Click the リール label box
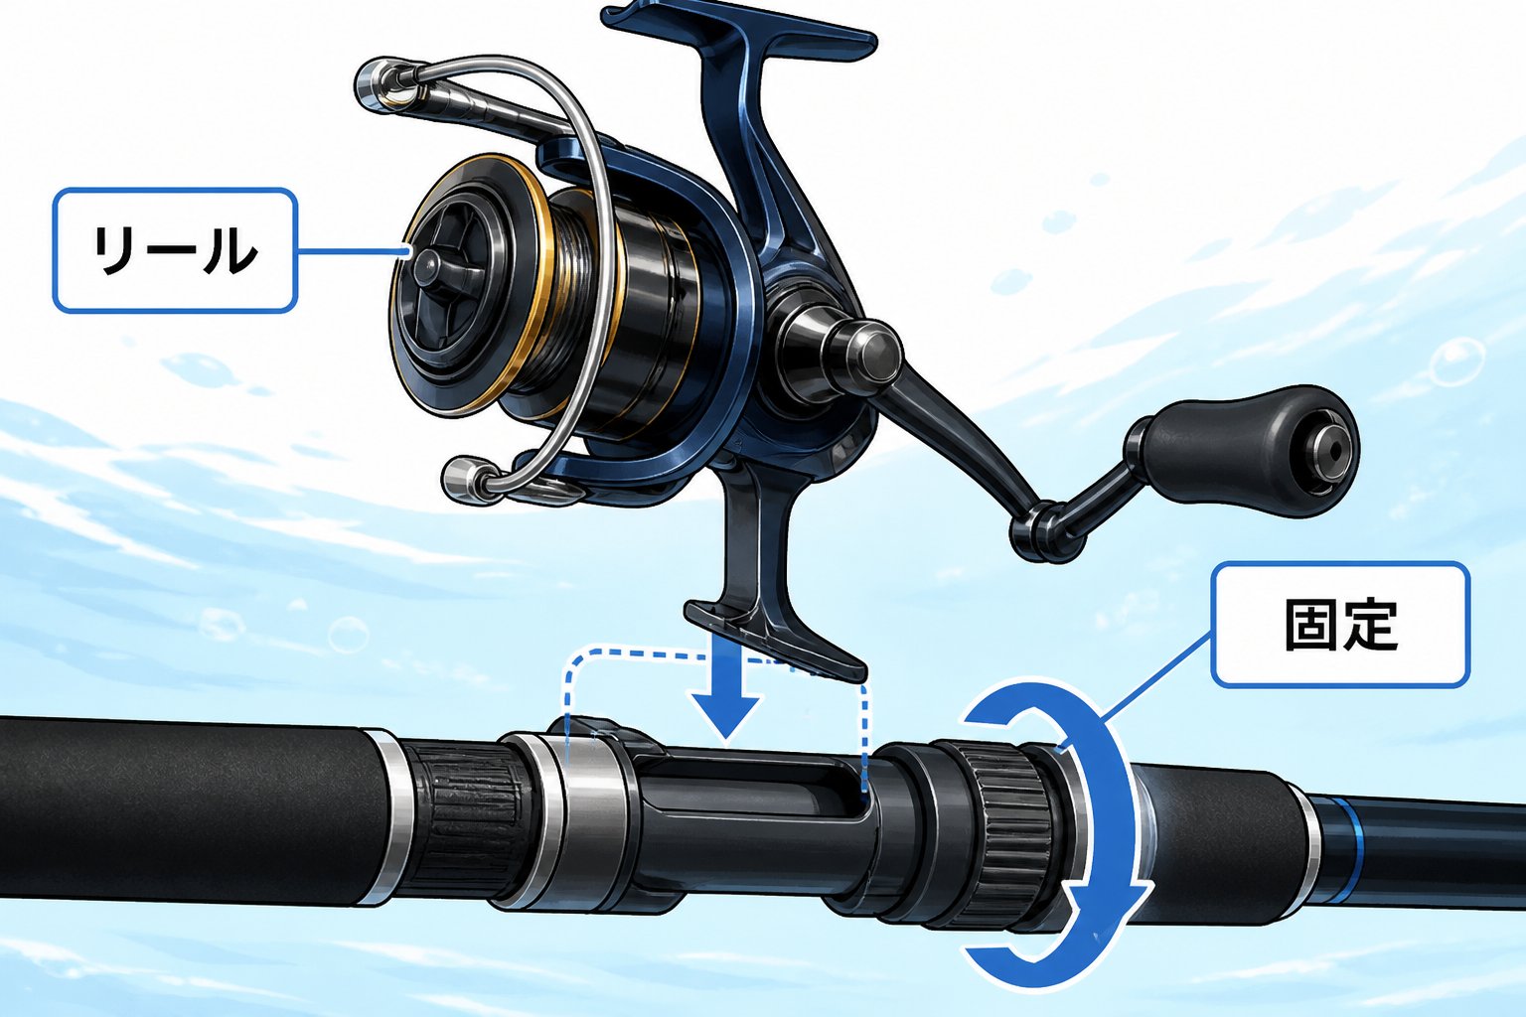[x=175, y=250]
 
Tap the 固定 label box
[x=1340, y=625]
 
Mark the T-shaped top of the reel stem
[x=739, y=27]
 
